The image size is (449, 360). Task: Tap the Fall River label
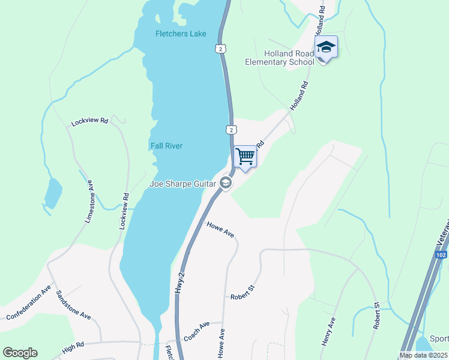click(166, 146)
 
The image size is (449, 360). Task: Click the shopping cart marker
click(245, 157)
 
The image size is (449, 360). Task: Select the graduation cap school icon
click(325, 47)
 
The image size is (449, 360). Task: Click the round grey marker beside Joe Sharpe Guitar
click(226, 183)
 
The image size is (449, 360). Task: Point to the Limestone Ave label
click(90, 202)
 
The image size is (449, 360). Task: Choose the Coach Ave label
click(196, 332)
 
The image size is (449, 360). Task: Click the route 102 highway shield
click(441, 255)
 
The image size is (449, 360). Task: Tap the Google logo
click(20, 353)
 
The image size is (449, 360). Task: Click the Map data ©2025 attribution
click(423, 355)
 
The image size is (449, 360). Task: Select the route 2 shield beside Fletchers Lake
click(221, 48)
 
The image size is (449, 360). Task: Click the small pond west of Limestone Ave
click(52, 192)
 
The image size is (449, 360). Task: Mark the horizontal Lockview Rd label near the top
click(89, 121)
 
